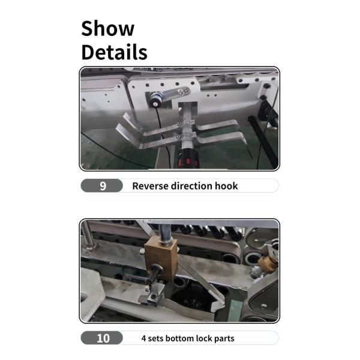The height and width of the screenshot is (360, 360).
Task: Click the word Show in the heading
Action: coord(107,28)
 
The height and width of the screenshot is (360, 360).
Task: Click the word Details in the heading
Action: coord(115,52)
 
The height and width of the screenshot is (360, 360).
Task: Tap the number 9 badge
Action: coord(102,185)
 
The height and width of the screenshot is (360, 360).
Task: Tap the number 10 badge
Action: coord(102,338)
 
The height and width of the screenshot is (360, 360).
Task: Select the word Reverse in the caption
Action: coord(151,186)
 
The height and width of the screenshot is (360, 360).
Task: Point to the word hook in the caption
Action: coord(226,186)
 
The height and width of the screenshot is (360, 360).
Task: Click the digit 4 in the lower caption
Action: coord(144,338)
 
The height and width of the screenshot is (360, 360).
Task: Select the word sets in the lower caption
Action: coord(155,338)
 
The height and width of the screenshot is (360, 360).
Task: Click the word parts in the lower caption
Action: coord(224,339)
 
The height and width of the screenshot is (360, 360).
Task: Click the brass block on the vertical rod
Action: coord(161,258)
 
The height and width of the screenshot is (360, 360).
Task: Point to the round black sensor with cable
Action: coord(155,100)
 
